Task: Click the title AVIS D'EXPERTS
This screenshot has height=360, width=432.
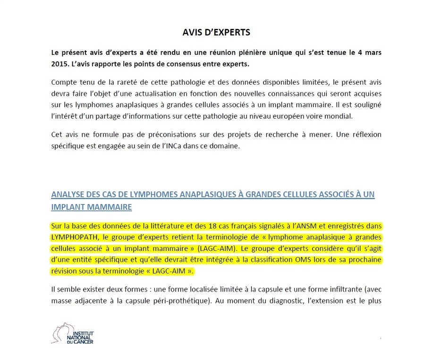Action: (x=216, y=33)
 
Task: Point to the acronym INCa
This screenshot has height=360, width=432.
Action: (x=147, y=146)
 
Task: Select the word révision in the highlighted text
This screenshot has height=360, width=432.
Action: (x=63, y=271)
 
